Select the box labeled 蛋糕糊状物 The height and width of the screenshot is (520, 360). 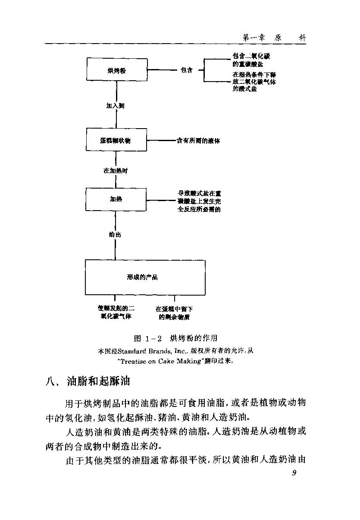[x=116, y=141]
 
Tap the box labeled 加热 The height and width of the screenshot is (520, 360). [x=116, y=199]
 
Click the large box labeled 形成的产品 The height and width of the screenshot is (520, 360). [x=145, y=277]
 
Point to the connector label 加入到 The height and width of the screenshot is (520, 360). [x=116, y=106]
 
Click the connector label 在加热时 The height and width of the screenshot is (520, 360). [x=116, y=170]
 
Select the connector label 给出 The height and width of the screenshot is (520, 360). [x=115, y=235]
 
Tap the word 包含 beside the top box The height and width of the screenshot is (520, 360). [x=187, y=70]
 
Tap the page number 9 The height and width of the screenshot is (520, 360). [x=294, y=473]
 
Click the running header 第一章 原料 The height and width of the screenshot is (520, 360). [x=274, y=38]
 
